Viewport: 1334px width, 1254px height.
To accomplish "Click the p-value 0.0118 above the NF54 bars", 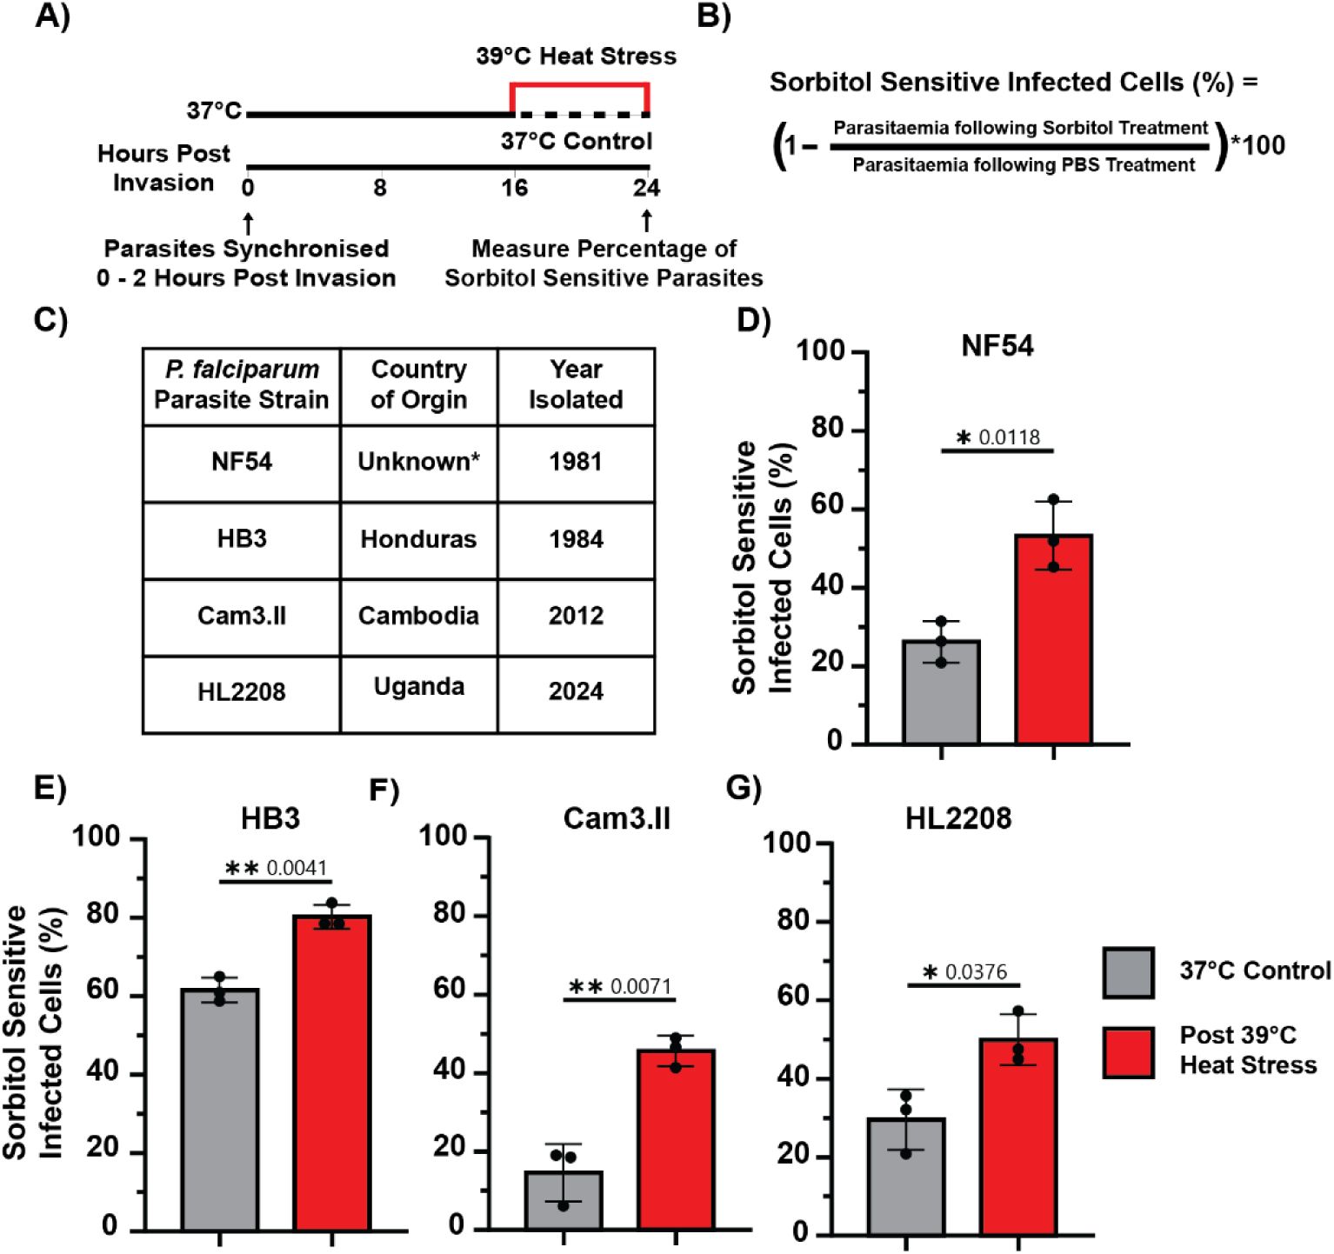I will (x=1009, y=437).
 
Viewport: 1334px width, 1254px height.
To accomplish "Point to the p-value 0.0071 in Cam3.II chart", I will (x=641, y=986).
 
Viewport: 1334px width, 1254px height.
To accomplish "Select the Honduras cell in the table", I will (x=418, y=539).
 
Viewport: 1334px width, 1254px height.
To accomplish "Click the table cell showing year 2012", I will (x=576, y=616).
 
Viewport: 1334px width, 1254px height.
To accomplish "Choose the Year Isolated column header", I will (x=576, y=384).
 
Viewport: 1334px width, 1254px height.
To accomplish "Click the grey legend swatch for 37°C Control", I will (x=1128, y=972).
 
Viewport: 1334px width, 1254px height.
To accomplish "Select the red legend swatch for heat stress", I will (x=1128, y=1052).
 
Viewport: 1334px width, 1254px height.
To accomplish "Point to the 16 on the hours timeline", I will (x=514, y=188).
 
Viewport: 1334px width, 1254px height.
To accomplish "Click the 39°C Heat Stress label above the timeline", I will (x=576, y=57).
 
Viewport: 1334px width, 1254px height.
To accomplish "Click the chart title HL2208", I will (x=958, y=818).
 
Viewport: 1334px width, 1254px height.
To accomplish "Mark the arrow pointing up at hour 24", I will (x=646, y=221).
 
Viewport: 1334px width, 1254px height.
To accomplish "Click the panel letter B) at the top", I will (x=713, y=17).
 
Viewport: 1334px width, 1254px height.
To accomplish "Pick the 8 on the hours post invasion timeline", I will (x=380, y=188).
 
